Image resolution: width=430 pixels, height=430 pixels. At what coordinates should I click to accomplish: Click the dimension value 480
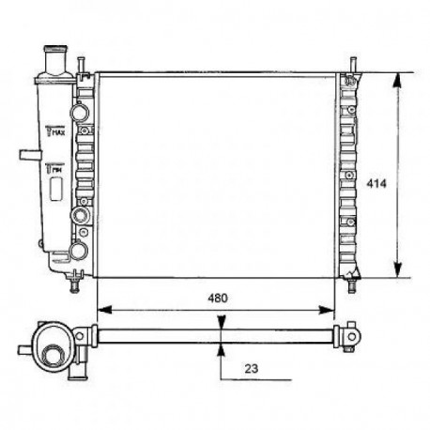[x=216, y=297]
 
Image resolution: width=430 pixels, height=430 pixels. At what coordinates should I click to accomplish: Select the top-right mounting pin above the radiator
[x=353, y=65]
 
